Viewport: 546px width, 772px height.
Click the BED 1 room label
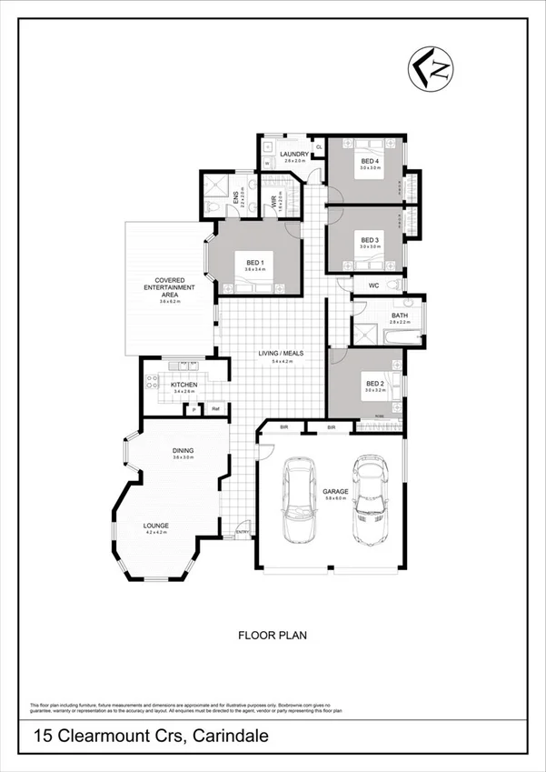[x=254, y=263]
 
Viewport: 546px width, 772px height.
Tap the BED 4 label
[x=368, y=161]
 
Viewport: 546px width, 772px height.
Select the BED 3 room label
[x=368, y=239]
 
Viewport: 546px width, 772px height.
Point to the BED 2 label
[x=374, y=384]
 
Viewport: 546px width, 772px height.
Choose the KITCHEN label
[x=184, y=385]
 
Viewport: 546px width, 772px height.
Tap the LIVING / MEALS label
[x=278, y=354]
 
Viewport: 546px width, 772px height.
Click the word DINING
[x=184, y=450]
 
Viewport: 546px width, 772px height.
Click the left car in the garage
[x=300, y=501]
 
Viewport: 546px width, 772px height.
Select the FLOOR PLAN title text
[x=272, y=636]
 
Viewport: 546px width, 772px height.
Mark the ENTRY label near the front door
[x=243, y=532]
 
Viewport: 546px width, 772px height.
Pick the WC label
[x=372, y=286]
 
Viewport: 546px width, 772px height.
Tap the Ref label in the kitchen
[x=215, y=408]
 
